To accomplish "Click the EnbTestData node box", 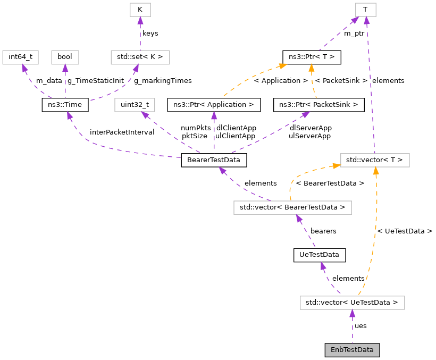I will click(x=352, y=350).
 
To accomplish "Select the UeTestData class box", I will click(x=320, y=255).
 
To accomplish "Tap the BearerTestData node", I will click(x=214, y=160).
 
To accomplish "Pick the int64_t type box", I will click(x=21, y=56).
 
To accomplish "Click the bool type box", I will click(x=65, y=56).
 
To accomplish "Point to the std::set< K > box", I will click(x=140, y=56).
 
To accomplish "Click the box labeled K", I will click(x=140, y=9).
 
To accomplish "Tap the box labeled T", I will click(x=365, y=9).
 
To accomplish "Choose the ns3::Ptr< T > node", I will click(x=311, y=56).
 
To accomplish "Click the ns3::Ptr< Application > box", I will click(x=214, y=105).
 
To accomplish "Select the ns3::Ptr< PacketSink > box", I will click(x=318, y=105).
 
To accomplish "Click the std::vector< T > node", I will click(x=375, y=160).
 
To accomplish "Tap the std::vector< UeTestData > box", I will click(x=352, y=303).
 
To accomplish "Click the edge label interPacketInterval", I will click(x=122, y=132).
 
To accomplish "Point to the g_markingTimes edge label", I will click(x=162, y=80).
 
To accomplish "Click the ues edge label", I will click(x=360, y=325).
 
